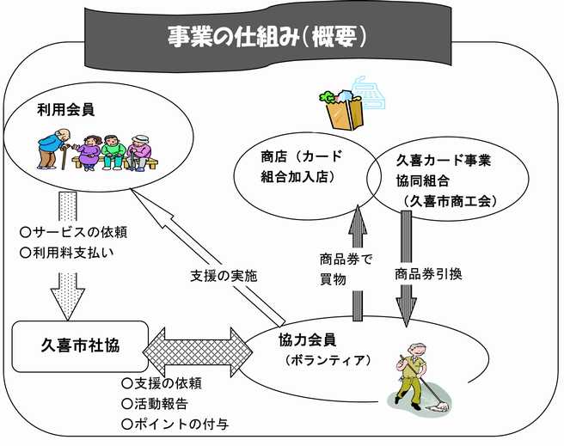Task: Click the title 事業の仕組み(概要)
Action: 268,37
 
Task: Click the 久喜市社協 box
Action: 80,346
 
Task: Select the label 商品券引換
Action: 428,275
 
